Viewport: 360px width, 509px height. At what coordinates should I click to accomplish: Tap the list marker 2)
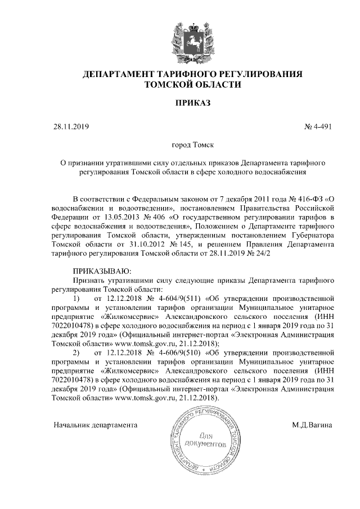pyautogui.click(x=77, y=352)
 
